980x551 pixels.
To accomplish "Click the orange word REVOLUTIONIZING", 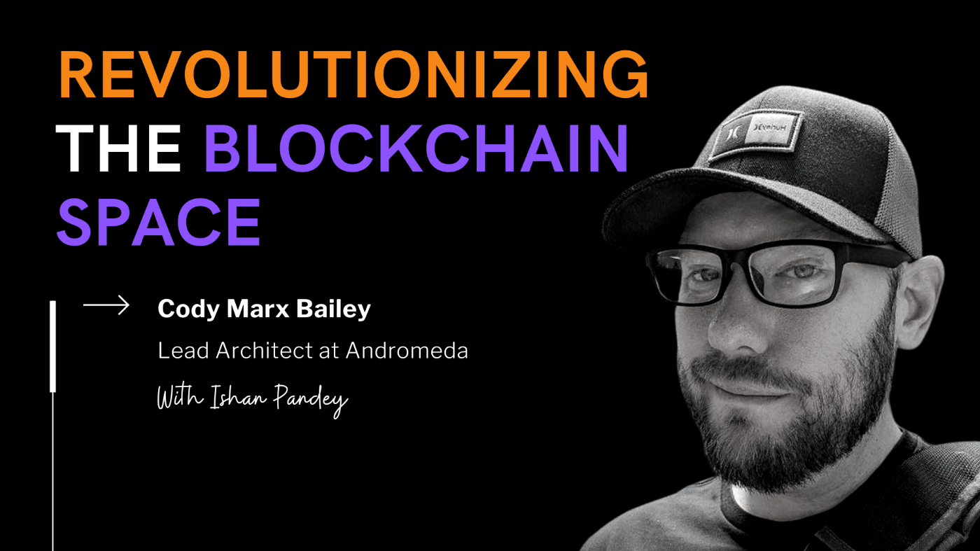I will click(353, 76).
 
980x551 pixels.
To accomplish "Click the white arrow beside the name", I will click(106, 305).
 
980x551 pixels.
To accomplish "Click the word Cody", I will click(184, 309).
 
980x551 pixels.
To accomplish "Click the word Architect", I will click(258, 351).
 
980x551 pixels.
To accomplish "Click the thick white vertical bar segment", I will click(52, 347).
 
